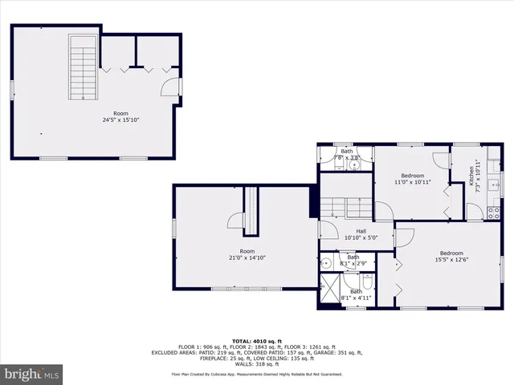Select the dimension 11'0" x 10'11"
click(413, 182)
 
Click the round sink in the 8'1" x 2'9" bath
click(326, 263)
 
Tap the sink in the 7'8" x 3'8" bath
click(354, 165)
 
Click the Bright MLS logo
click(32, 374)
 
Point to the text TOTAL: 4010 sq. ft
click(256, 340)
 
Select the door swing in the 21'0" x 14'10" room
click(236, 225)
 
